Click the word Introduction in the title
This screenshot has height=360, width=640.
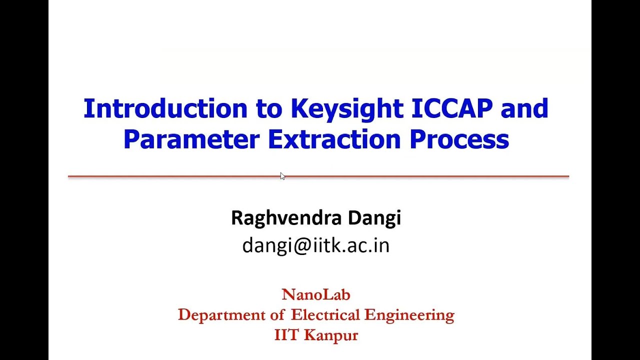tap(165, 108)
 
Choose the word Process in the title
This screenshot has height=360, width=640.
tap(459, 139)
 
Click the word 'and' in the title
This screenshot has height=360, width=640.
tap(524, 108)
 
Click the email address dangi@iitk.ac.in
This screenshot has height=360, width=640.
tap(315, 245)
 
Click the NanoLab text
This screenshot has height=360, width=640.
tap(316, 294)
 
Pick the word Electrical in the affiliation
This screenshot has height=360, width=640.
tap(325, 315)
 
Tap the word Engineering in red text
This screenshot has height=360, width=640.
tap(409, 315)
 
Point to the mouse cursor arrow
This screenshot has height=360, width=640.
tap(282, 175)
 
